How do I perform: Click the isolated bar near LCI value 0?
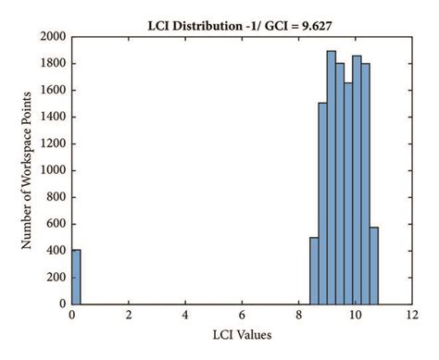(76, 276)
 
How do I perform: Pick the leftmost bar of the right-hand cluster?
(314, 270)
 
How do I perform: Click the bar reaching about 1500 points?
(322, 204)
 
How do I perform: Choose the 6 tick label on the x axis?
(242, 315)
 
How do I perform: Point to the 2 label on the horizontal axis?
(129, 315)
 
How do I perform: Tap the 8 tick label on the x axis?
(298, 315)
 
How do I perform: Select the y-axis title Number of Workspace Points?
(28, 169)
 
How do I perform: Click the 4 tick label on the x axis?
(185, 315)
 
